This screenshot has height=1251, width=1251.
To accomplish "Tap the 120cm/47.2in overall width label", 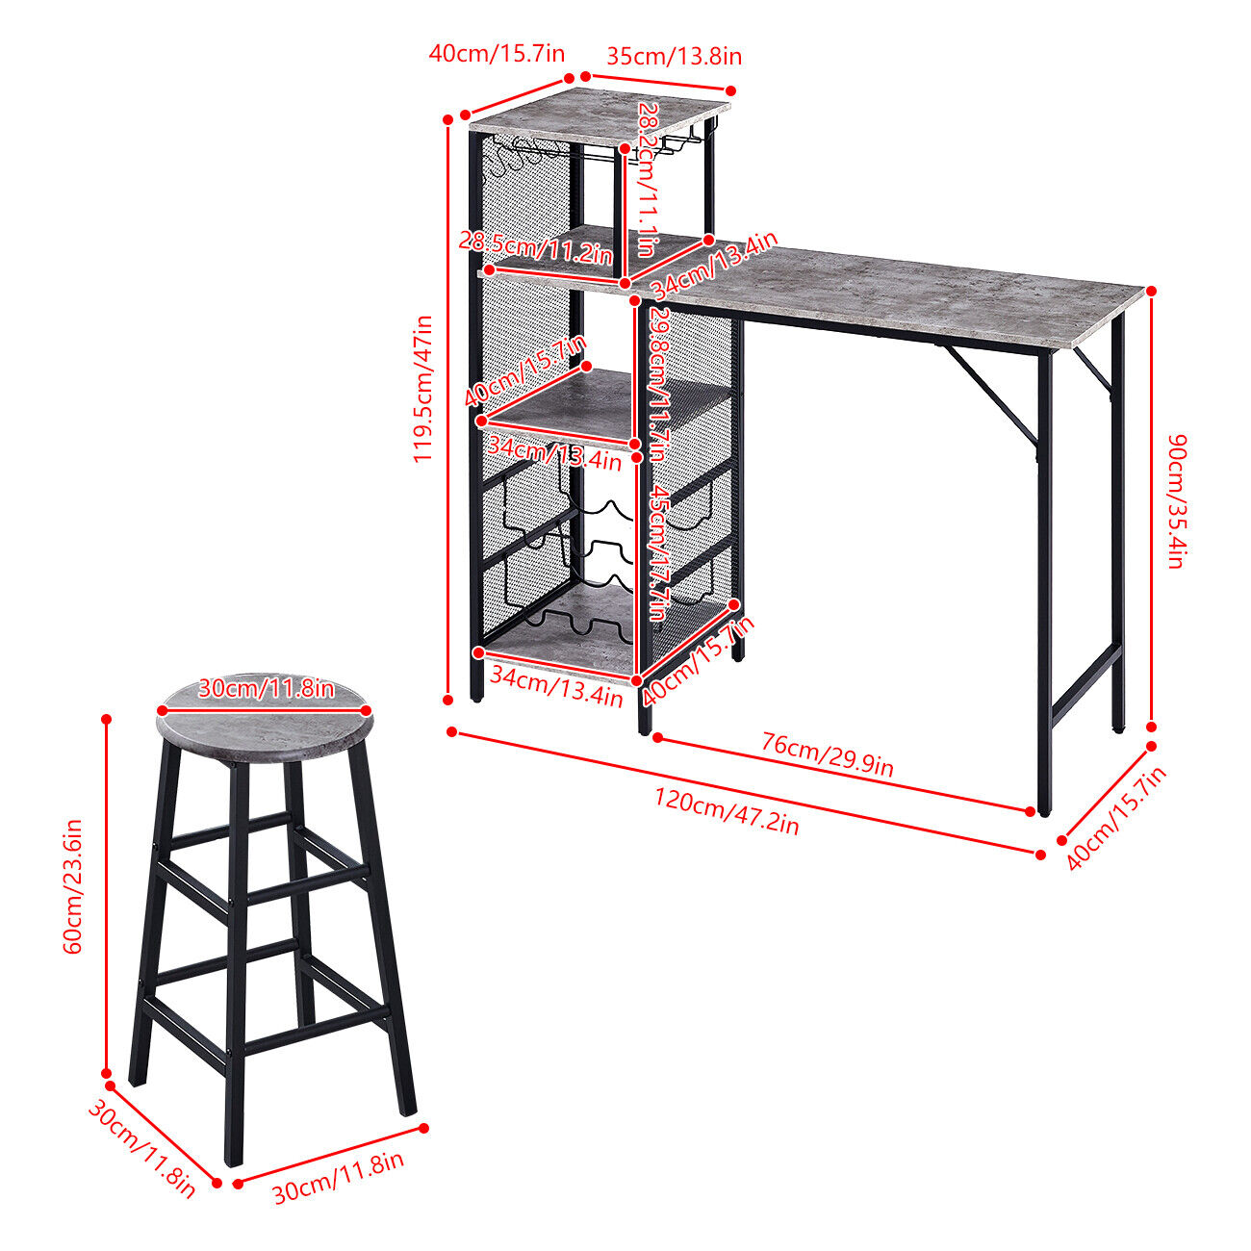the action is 726,811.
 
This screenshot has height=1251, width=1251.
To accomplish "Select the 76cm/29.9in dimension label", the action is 827,755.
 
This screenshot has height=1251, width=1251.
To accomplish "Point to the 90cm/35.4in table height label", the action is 1177,501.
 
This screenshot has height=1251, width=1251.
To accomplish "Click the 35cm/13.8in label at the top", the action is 674,57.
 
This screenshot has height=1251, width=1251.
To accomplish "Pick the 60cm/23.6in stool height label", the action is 73,886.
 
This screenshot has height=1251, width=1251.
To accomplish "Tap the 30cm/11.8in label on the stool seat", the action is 266,688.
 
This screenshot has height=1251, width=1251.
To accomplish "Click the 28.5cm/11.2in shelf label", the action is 536,246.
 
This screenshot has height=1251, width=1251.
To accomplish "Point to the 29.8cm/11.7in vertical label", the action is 658,384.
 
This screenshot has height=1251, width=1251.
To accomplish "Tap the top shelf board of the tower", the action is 599,116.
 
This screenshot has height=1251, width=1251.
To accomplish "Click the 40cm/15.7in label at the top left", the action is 497,53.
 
